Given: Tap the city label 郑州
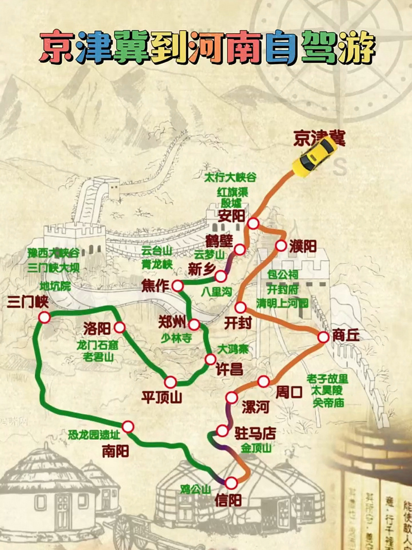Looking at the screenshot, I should [x=172, y=322].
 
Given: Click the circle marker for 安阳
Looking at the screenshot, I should [x=253, y=223].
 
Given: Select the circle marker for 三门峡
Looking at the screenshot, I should [x=44, y=317].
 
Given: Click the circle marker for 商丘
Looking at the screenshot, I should [x=323, y=337].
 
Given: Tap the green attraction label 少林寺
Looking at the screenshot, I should [x=176, y=338].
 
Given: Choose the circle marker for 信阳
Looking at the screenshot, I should [x=232, y=483].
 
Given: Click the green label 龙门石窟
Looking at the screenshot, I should [x=98, y=345].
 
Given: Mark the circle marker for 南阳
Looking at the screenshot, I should [x=128, y=426].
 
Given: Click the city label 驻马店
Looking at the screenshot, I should [x=255, y=432].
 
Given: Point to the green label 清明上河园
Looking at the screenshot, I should [x=282, y=303].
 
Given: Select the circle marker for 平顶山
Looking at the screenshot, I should [x=171, y=382].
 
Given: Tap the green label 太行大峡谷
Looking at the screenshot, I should [x=230, y=177].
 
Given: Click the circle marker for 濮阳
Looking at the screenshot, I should [x=281, y=246].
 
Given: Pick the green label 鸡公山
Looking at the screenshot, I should [x=195, y=489].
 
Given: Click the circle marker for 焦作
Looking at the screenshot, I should [x=177, y=285].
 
